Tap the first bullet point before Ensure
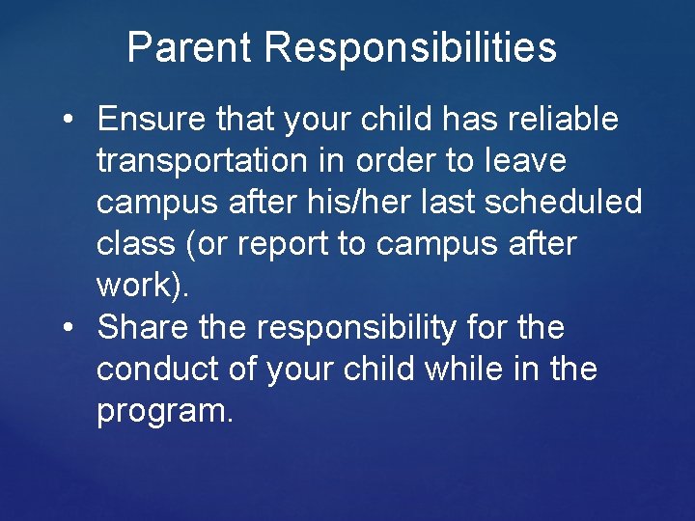(69, 121)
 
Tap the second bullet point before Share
(69, 328)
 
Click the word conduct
(156, 369)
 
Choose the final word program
(165, 412)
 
